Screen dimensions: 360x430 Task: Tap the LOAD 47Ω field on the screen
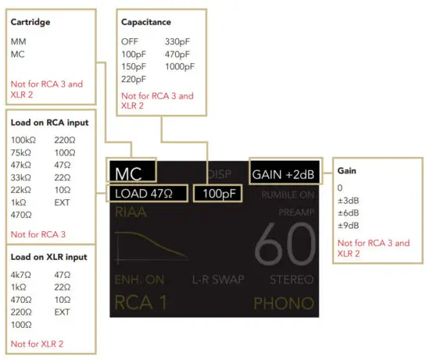coord(147,193)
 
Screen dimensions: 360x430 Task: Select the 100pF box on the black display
coord(217,193)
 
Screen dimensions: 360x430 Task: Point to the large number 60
coord(284,247)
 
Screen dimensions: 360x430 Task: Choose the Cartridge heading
coord(30,22)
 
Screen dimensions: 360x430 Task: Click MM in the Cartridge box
coord(18,41)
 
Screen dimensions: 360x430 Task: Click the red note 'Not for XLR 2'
coord(35,344)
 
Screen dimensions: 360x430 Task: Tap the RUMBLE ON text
coord(288,194)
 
